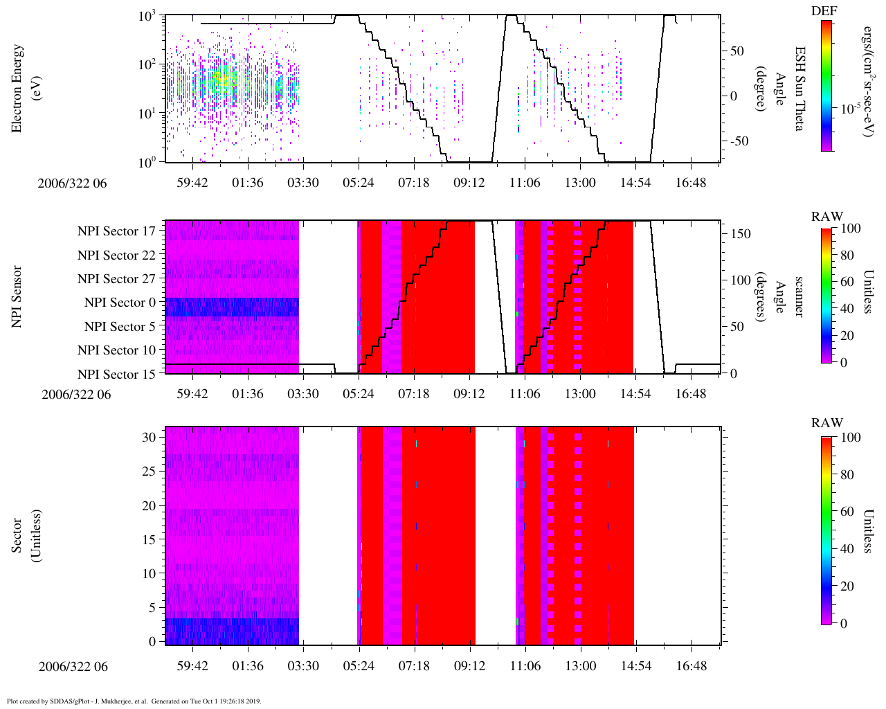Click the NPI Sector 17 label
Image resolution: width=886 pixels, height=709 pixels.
(x=116, y=231)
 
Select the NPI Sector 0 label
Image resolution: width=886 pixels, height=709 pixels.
(x=120, y=303)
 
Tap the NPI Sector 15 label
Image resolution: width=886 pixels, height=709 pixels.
(x=116, y=375)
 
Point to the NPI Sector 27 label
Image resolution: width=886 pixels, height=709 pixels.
(x=116, y=279)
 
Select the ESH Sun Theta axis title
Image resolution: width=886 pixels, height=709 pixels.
(x=799, y=89)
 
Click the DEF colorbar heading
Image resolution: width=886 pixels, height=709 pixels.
(x=824, y=10)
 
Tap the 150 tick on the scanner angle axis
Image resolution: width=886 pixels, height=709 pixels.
(x=741, y=234)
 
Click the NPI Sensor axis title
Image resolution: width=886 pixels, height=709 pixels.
(x=17, y=296)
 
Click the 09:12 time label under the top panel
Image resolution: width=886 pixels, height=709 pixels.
(x=469, y=183)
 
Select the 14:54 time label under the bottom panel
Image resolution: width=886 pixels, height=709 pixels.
(x=635, y=666)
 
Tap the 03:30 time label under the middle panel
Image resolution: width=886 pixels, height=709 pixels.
(x=303, y=394)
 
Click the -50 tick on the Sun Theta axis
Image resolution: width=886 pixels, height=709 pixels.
(x=737, y=141)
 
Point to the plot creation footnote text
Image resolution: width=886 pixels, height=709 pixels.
(x=134, y=701)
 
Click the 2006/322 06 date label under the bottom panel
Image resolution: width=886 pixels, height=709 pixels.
(x=73, y=667)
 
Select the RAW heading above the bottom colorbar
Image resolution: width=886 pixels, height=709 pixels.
(x=827, y=423)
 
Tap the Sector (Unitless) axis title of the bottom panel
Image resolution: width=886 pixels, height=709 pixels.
(x=24, y=536)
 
